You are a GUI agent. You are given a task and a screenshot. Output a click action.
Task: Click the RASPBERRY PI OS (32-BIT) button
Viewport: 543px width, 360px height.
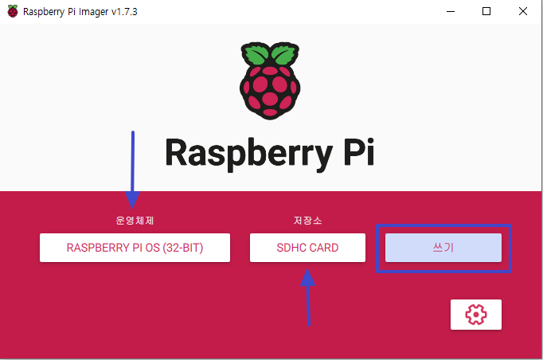tap(135, 248)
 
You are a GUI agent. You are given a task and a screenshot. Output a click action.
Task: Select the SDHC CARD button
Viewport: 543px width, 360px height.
tap(307, 248)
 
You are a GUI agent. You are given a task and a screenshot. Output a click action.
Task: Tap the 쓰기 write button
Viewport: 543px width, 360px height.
tap(443, 248)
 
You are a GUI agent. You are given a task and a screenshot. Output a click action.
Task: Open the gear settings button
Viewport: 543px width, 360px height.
tap(475, 315)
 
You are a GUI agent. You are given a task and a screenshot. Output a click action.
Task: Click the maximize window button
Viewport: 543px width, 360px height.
tap(486, 11)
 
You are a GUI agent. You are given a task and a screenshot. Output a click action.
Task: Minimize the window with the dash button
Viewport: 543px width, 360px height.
tap(450, 11)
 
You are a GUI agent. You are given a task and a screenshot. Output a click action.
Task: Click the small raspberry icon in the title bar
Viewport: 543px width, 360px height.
tap(12, 11)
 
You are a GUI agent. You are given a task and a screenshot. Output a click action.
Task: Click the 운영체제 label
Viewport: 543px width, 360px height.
tap(134, 220)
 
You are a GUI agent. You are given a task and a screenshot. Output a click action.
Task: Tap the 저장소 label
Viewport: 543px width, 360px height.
tap(307, 220)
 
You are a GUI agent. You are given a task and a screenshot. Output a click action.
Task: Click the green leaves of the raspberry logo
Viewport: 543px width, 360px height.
tap(271, 56)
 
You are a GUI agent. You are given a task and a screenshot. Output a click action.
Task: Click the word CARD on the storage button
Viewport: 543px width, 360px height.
tap(323, 248)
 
